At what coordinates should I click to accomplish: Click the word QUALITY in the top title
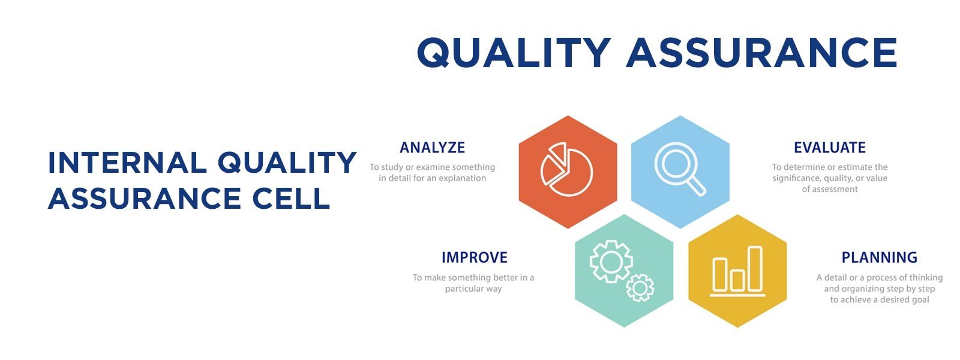[x=514, y=53]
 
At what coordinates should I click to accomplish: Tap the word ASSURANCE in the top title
[x=761, y=53]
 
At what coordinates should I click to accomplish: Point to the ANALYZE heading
[x=433, y=148]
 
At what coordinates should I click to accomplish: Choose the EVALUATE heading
[x=830, y=148]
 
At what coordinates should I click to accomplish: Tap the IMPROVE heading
[x=475, y=257]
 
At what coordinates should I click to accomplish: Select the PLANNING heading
[x=880, y=257]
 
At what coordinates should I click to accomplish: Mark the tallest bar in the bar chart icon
[x=755, y=269]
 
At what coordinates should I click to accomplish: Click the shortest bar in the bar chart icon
[x=737, y=280]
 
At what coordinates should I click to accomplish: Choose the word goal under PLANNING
[x=919, y=300]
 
